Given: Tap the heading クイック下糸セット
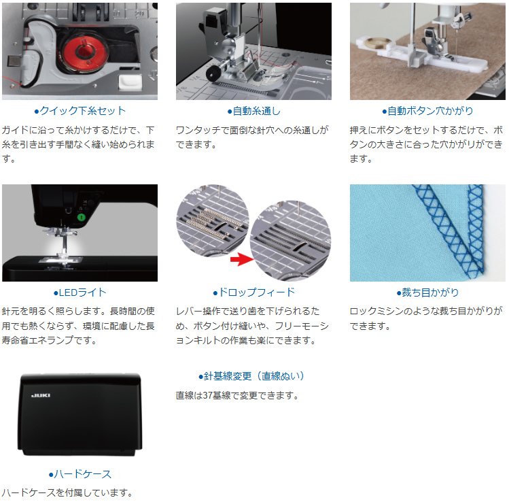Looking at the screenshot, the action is [80, 111].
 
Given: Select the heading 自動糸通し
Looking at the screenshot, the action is [254, 111].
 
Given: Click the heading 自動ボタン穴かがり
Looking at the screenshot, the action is [427, 111].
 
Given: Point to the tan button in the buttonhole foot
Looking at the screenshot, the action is [378, 43].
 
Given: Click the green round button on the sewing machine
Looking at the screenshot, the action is [81, 217].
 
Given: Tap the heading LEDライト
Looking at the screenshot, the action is [80, 292].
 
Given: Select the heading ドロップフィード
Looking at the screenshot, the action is [254, 292].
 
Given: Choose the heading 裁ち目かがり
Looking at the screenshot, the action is [427, 292].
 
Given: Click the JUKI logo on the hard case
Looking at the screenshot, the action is [41, 395].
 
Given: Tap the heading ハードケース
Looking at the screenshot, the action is [80, 474].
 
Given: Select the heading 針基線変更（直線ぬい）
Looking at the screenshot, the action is [251, 376].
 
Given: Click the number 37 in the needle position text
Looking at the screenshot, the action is [208, 395].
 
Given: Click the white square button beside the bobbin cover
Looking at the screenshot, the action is [130, 82].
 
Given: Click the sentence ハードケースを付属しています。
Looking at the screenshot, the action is [67, 492].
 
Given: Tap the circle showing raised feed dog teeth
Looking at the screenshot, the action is [213, 221].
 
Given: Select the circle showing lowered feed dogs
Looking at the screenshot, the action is [291, 240].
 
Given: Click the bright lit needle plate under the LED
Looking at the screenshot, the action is [61, 260].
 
